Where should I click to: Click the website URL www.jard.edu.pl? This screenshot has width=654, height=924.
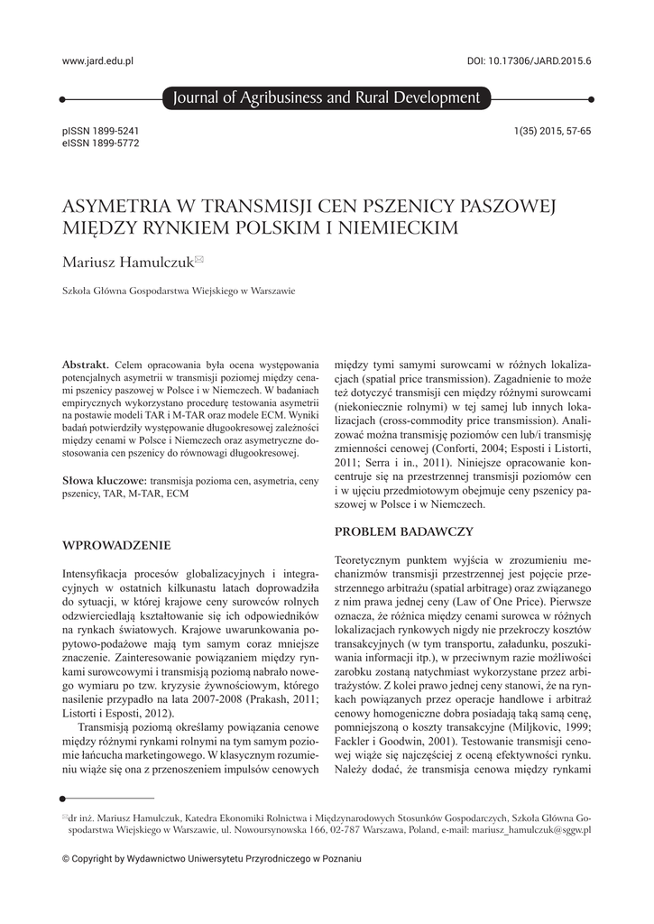[97, 60]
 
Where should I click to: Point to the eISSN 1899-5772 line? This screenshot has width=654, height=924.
[100, 143]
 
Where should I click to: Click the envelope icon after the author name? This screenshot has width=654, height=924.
[199, 261]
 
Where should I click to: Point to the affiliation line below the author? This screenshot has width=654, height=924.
[178, 291]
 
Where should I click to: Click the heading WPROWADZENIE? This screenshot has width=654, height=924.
[115, 545]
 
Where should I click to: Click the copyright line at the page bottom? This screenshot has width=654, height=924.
[211, 859]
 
